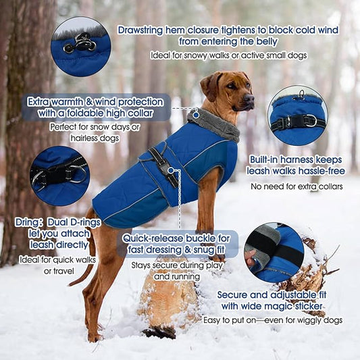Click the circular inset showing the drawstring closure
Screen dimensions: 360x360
(x=80, y=47)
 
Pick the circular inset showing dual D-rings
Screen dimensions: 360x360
(x=59, y=176)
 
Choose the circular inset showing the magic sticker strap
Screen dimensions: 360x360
(x=274, y=253)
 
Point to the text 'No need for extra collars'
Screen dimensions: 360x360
(x=296, y=186)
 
